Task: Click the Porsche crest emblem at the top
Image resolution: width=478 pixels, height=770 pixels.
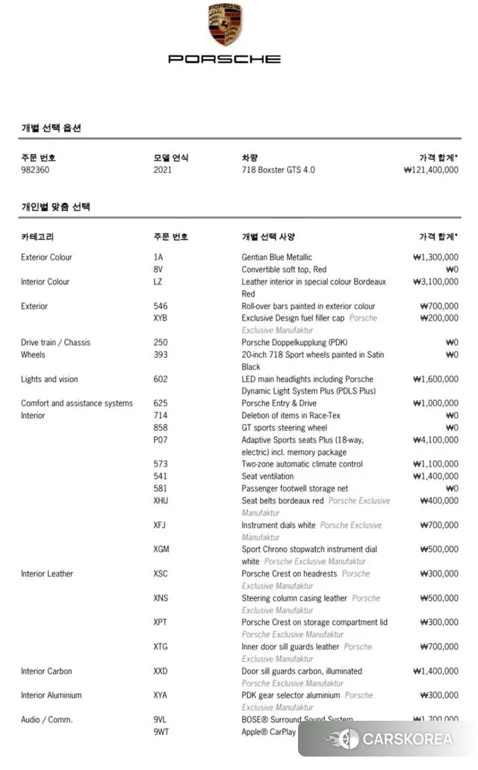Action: (x=224, y=25)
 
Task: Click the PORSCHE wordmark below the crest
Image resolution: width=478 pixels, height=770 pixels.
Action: (x=224, y=58)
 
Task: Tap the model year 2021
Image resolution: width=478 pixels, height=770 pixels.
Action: (x=162, y=170)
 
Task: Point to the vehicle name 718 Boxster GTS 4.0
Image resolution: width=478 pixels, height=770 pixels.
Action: (x=278, y=170)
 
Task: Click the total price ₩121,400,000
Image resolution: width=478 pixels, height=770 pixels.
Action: (x=430, y=170)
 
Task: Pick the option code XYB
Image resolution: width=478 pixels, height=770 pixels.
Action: (x=161, y=318)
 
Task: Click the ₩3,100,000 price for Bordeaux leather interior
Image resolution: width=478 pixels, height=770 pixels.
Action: (x=435, y=282)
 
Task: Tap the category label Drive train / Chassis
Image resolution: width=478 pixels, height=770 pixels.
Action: (x=55, y=343)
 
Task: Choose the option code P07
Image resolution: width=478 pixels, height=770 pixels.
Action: (x=160, y=440)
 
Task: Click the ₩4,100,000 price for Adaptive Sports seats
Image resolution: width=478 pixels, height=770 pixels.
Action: (x=435, y=440)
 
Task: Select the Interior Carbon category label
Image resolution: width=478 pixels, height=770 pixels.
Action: (x=46, y=671)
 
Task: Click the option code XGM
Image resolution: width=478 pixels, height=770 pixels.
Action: (x=161, y=550)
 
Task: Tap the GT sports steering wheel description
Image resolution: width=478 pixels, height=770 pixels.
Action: (x=284, y=428)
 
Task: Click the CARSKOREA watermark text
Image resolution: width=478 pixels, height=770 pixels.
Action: (x=407, y=739)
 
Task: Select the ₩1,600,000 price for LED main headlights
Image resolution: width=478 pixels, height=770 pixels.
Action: (x=435, y=379)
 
